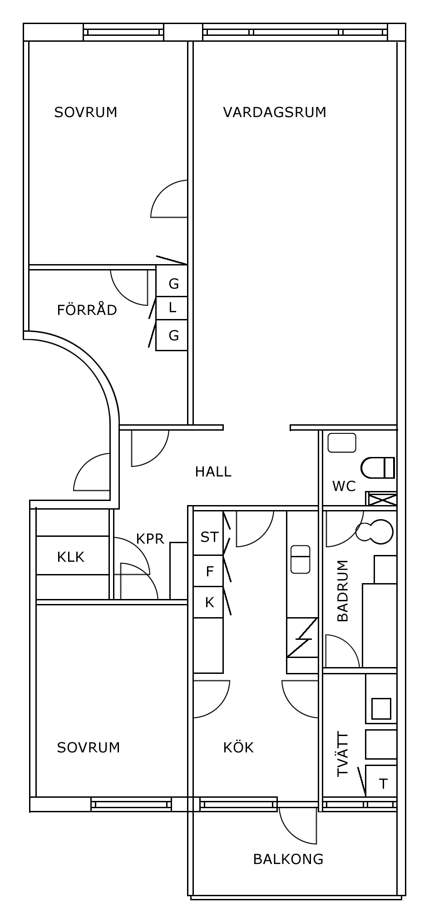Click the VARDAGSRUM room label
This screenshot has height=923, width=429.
coord(275,112)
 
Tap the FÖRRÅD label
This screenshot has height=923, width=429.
coord(87,310)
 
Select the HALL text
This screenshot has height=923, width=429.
coord(213,472)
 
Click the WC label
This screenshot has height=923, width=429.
coord(344,486)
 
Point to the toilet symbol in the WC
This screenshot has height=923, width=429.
coord(378,468)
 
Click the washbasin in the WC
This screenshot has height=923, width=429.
coord(342,443)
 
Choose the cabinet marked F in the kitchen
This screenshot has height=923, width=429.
coord(208,571)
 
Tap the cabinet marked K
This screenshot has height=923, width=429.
coord(208,602)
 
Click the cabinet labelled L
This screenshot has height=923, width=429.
coord(172,308)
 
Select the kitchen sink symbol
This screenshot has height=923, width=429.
coord(300,559)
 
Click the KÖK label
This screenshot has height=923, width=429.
coord(238,747)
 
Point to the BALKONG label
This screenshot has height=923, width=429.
coord(288,859)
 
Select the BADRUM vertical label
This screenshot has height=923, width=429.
coord(343,590)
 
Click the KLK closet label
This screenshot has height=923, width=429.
coord(71,557)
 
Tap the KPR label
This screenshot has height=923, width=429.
coord(150,539)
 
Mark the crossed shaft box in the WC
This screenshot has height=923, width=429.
coord(381,499)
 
